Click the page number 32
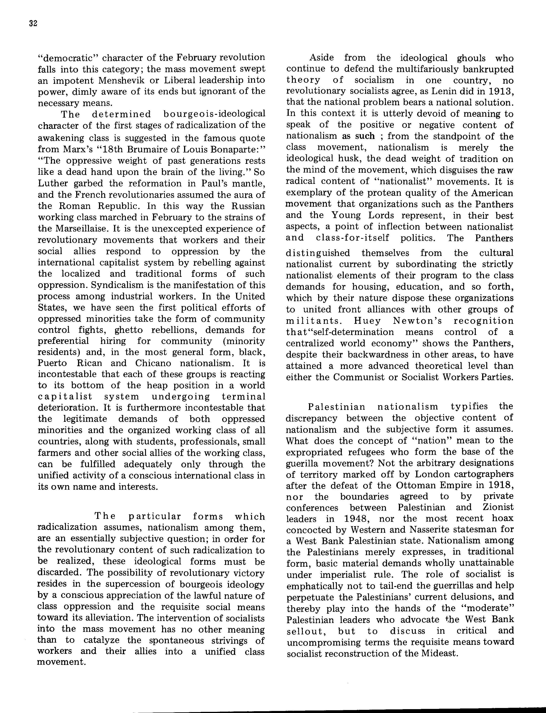tap(33, 24)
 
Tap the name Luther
tap(53, 183)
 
